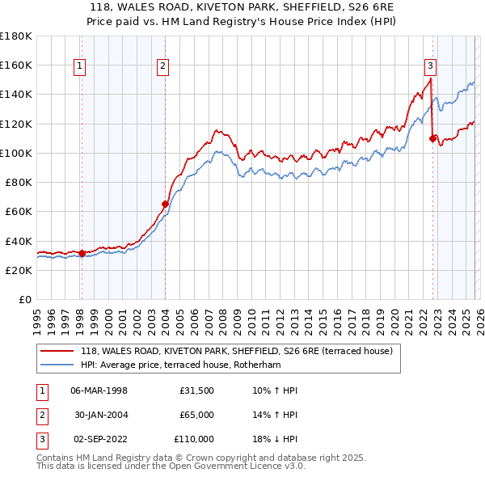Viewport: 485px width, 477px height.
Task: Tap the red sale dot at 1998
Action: click(x=82, y=253)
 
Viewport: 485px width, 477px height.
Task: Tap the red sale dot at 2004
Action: click(x=166, y=205)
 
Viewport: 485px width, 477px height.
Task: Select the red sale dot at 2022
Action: click(x=432, y=138)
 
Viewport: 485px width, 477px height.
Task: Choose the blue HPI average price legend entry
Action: click(x=190, y=365)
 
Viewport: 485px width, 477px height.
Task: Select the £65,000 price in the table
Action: click(x=196, y=415)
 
